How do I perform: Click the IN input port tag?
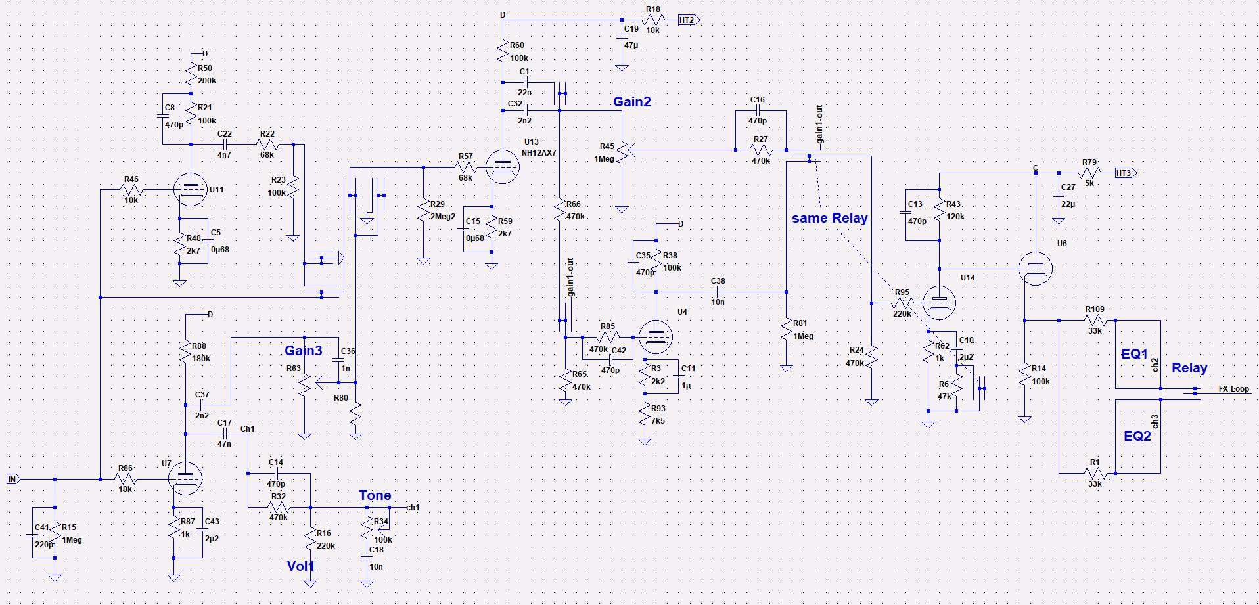pos(12,479)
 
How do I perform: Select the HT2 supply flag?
pos(688,20)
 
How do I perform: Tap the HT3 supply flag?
pos(1125,173)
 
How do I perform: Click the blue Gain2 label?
pos(631,102)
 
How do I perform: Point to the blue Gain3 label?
pos(303,351)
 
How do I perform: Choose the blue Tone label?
pos(375,495)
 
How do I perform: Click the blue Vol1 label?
pos(300,566)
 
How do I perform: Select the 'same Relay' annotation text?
pos(829,218)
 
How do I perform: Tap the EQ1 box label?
pos(1134,354)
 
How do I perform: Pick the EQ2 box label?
pos(1137,436)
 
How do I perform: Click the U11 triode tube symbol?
pos(191,189)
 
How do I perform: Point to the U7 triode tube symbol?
pos(185,479)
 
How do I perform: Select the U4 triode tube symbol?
pos(656,336)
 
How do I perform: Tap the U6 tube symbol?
pos(1035,269)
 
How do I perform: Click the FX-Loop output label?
pos(1233,389)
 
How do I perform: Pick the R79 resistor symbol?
pos(1089,173)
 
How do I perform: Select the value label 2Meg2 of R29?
pos(443,217)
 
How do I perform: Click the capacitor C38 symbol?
pos(718,292)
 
